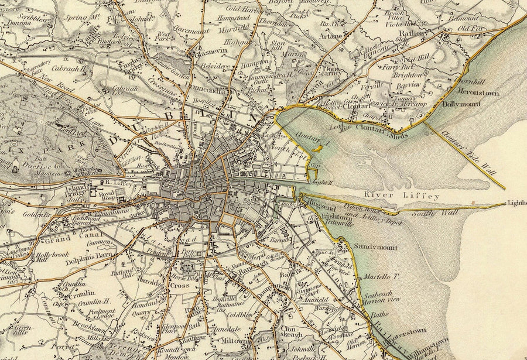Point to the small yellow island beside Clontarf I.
pyautogui.click(x=319, y=150)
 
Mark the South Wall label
pyautogui.click(x=425, y=212)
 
